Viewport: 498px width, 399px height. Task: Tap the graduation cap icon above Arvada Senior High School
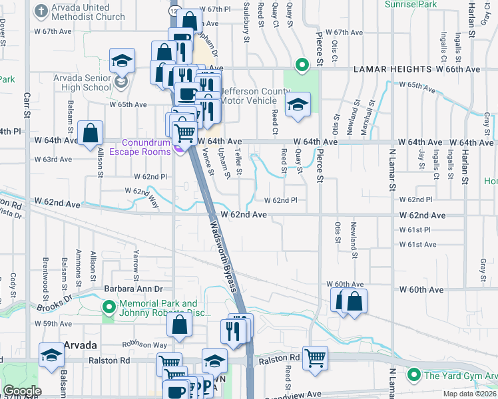123,61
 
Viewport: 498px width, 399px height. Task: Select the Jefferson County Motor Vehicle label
248,96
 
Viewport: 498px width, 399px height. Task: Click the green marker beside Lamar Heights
302,65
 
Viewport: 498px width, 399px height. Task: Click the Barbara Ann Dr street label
133,289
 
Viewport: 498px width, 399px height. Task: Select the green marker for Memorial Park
108,307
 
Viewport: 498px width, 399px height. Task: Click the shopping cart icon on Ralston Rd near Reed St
315,357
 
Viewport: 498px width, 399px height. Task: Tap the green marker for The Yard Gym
415,374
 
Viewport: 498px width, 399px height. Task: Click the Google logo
21,391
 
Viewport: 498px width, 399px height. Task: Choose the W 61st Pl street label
415,229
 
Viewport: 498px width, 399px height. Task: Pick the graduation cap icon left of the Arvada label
51,354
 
